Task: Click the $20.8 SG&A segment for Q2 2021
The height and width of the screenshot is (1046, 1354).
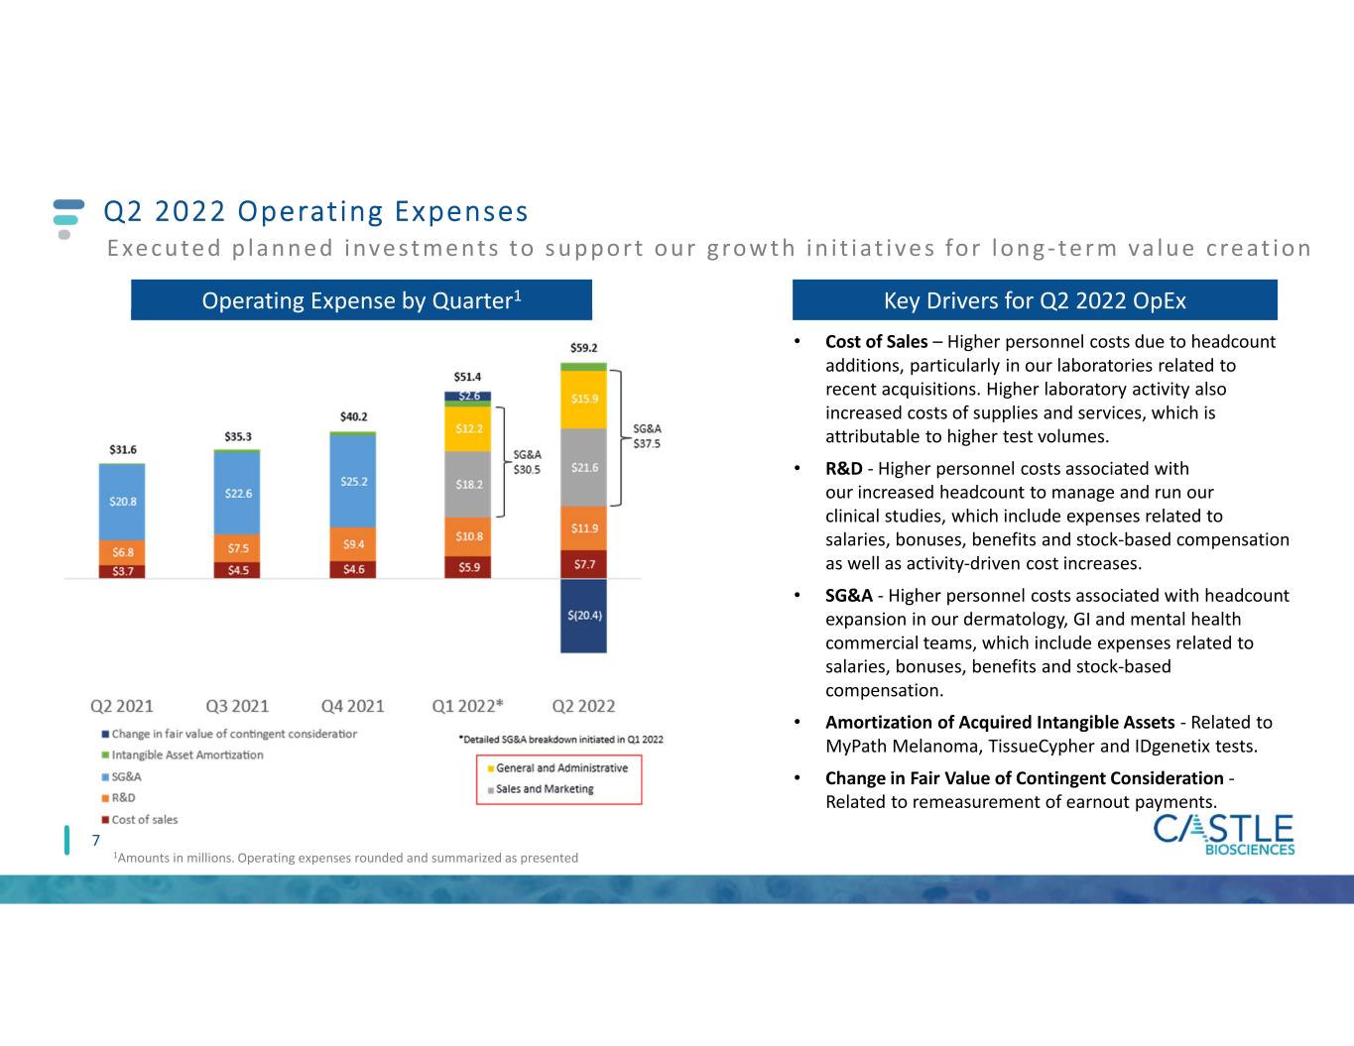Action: coord(122,502)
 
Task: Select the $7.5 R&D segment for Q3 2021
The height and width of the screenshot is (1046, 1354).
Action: coord(237,548)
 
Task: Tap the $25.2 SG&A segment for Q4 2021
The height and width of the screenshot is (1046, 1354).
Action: coord(353,481)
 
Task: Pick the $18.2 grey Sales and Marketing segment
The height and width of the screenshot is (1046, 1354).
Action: coord(468,485)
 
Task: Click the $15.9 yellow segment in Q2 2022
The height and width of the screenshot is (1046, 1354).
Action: coord(583,399)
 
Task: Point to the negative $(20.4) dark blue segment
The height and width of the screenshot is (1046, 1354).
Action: coord(583,615)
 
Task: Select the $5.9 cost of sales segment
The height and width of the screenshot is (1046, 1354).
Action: coord(468,567)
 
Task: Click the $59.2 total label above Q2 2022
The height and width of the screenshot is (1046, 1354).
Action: coord(583,348)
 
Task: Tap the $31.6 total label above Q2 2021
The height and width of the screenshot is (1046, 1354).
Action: coord(123,449)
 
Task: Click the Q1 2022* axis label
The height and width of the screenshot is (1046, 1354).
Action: coord(467,706)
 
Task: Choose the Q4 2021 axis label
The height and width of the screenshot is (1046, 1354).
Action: coord(352,706)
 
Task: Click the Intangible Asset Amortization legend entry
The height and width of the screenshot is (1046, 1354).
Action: coord(187,755)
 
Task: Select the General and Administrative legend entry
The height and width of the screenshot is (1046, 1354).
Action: coord(561,768)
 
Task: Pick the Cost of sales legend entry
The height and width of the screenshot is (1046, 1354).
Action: coord(145,820)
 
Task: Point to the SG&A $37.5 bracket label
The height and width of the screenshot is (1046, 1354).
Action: coord(647,437)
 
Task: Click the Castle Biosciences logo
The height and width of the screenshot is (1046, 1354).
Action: coord(1223,834)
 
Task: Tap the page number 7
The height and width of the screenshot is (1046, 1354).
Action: coord(96,841)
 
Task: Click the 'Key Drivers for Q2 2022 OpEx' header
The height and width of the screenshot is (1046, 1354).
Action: coord(1035,300)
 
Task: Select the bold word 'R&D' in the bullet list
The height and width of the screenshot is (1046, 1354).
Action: coord(843,469)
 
